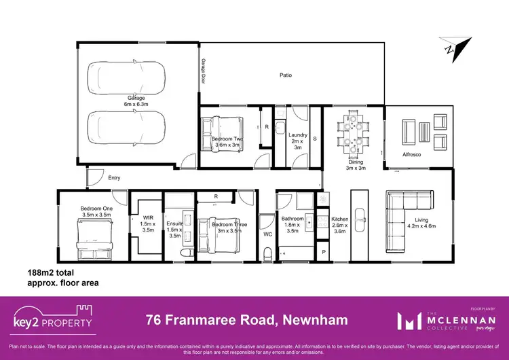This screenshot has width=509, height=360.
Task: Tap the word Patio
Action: [286, 75]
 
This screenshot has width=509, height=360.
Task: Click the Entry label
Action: [115, 178]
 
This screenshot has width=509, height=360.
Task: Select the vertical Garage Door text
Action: [203, 70]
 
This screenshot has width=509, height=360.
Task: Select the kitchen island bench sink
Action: [360, 216]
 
